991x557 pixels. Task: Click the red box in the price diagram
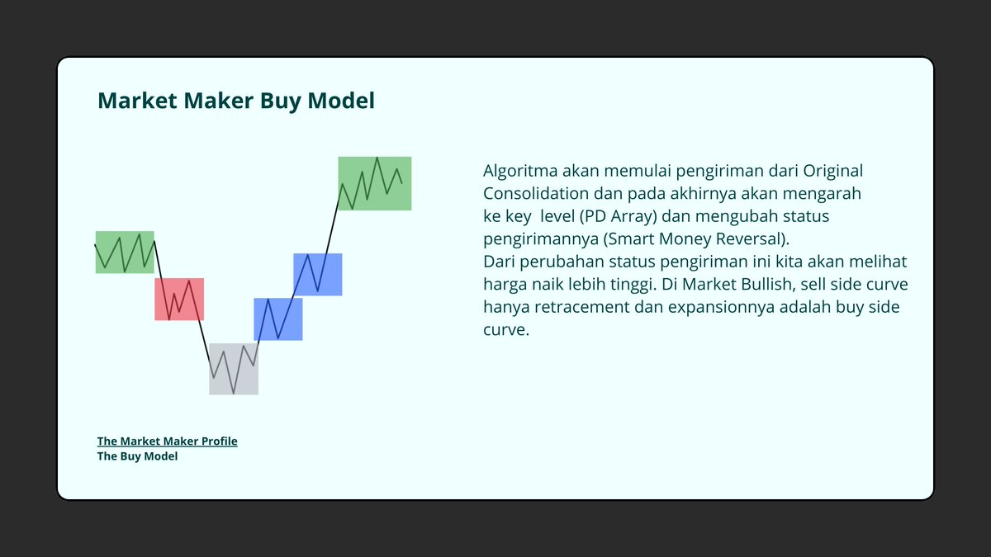pyautogui.click(x=179, y=299)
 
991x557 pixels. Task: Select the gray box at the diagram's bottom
pyautogui.click(x=234, y=369)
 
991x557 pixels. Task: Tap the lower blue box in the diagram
pyautogui.click(x=277, y=319)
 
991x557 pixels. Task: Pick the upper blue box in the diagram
pyautogui.click(x=318, y=274)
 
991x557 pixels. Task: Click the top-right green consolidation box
pyautogui.click(x=375, y=183)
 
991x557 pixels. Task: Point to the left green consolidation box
pyautogui.click(x=125, y=252)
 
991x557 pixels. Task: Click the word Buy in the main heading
pyautogui.click(x=279, y=101)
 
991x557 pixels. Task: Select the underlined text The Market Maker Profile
pyautogui.click(x=167, y=441)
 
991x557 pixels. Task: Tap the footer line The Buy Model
pyautogui.click(x=137, y=456)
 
